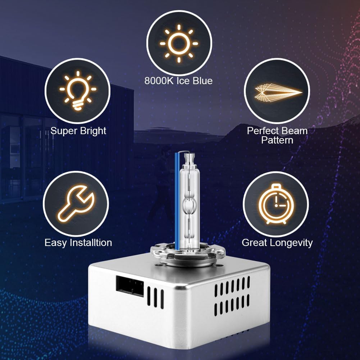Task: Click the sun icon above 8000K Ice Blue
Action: coord(179,44)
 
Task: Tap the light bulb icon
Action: coord(78,91)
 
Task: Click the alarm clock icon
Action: coord(276,204)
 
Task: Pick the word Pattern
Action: coord(277,140)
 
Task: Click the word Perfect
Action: coord(261,131)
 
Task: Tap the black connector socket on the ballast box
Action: coord(130,286)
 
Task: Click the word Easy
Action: coord(56,243)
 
